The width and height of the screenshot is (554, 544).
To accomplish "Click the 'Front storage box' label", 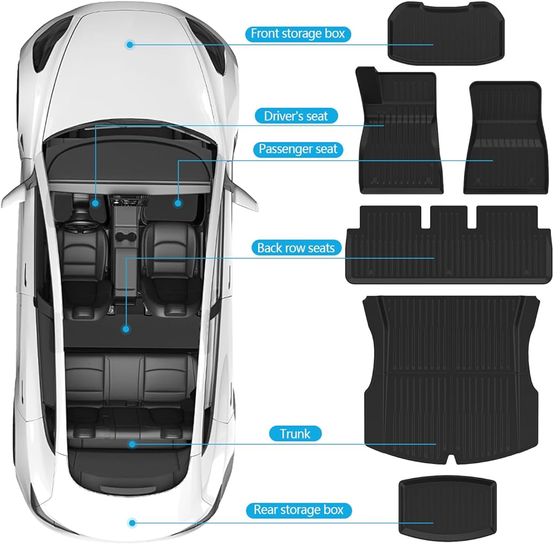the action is pos(297,33).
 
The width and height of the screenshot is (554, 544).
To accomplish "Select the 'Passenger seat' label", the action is pos(298,149).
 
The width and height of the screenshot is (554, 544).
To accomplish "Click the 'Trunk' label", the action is pos(295,433).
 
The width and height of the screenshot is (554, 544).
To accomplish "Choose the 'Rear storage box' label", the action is pos(299,510).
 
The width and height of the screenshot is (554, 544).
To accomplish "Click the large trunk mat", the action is pos(452,377).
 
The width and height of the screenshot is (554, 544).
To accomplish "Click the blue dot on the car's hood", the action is pos(129,44).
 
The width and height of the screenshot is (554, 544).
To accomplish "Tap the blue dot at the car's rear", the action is pos(132,522).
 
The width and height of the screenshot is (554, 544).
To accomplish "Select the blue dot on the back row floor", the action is pos(126,329).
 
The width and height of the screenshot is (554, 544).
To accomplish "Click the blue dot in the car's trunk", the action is pos(132,444).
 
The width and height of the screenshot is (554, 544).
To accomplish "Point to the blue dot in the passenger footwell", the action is pos(178,204).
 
